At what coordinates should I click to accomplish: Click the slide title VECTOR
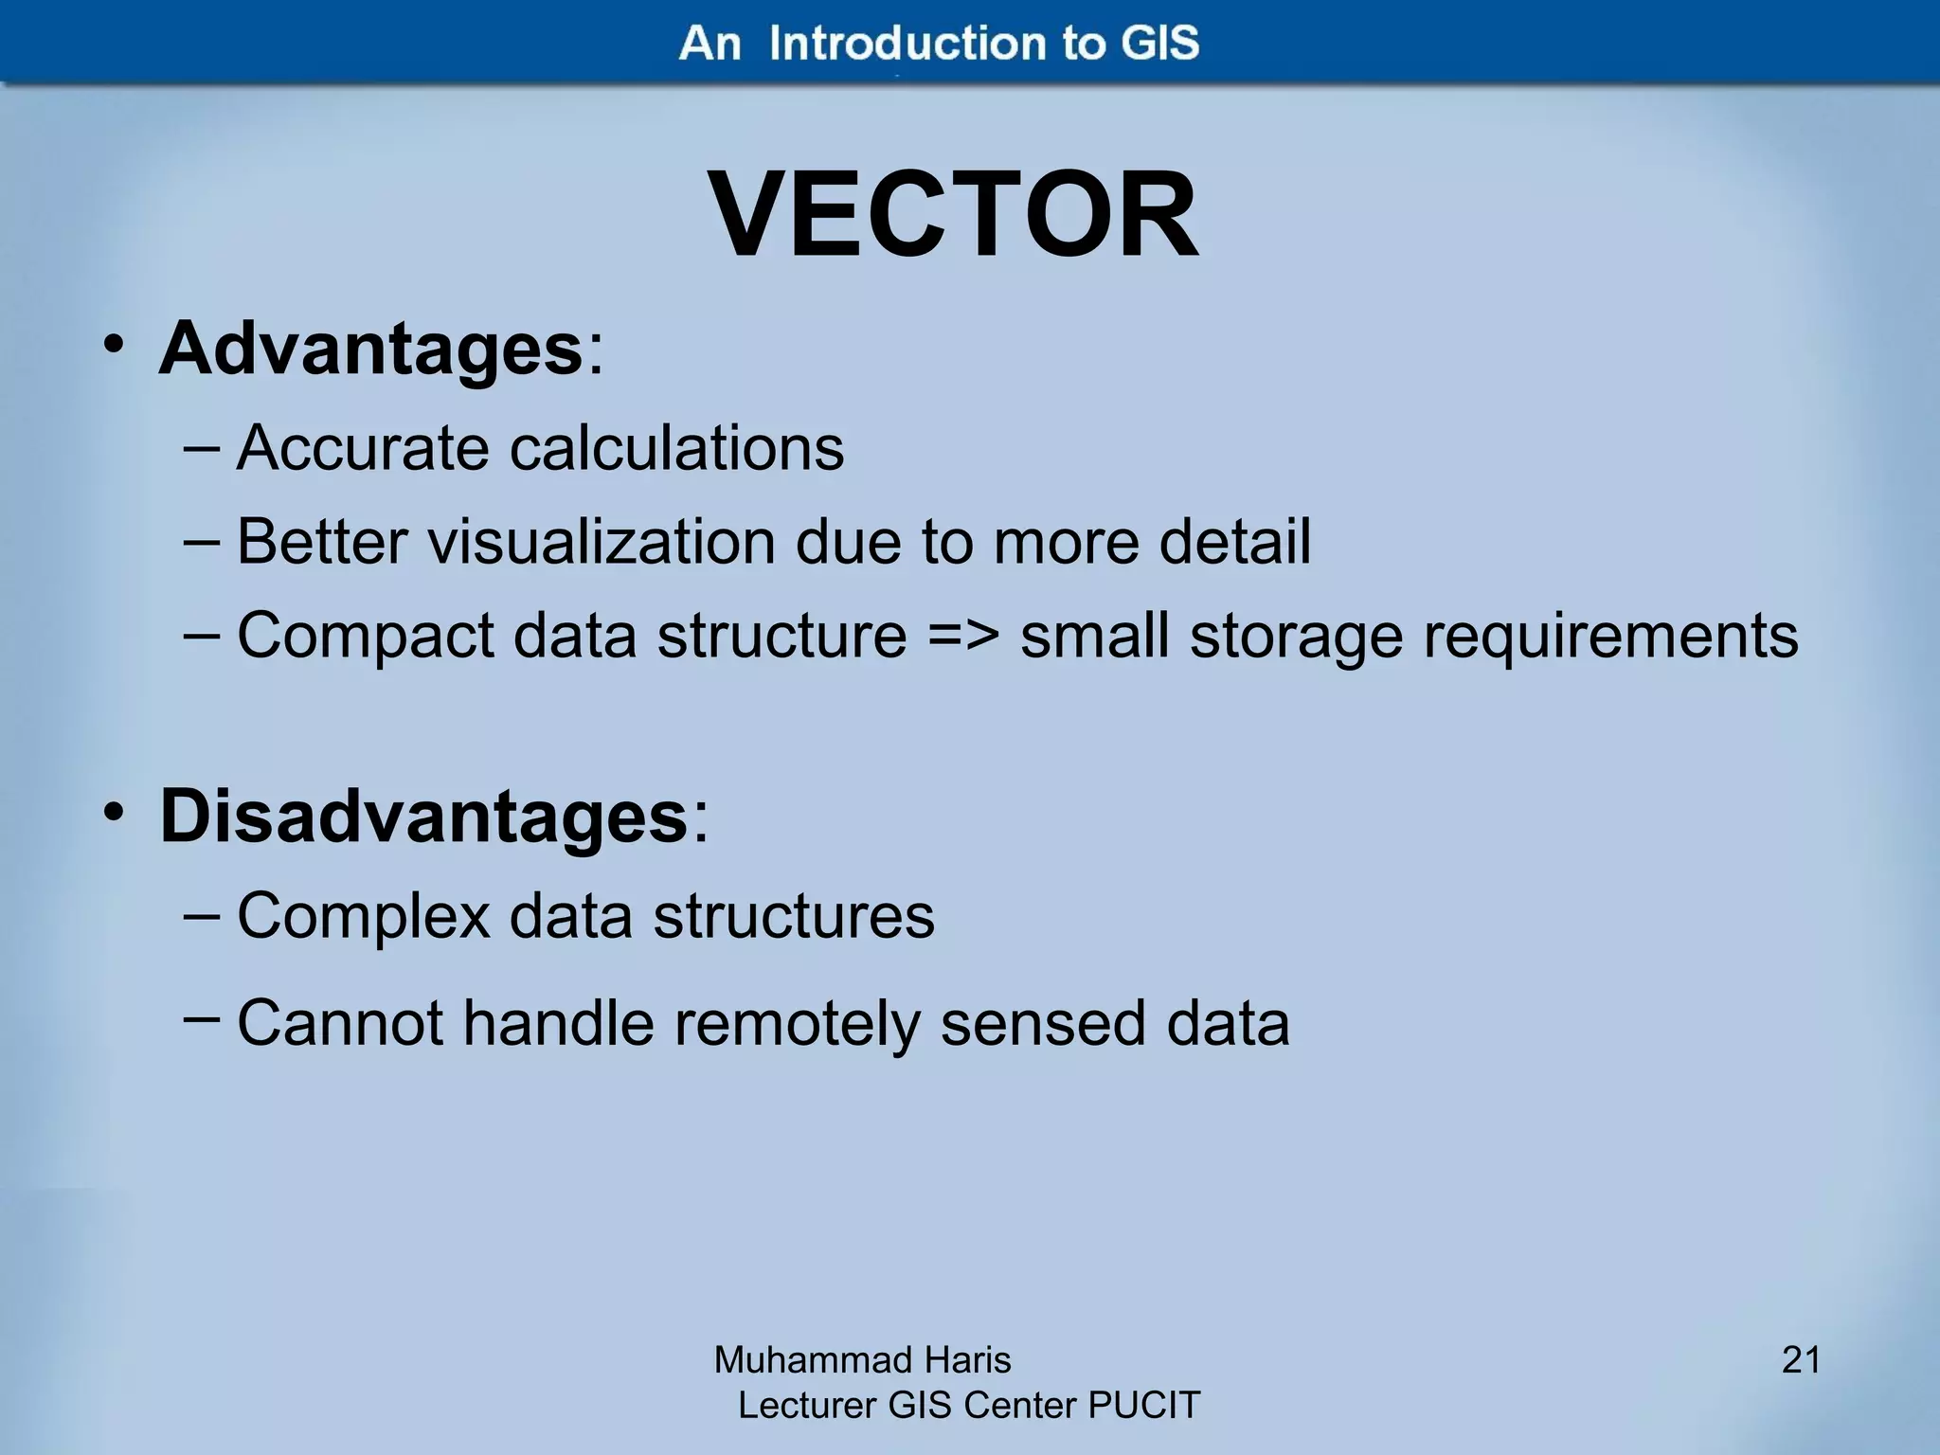click(x=954, y=216)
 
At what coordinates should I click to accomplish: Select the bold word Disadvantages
click(x=423, y=817)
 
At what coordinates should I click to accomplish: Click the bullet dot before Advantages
click(x=114, y=346)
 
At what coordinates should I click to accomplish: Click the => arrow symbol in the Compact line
click(x=962, y=636)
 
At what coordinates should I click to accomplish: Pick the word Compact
click(x=365, y=636)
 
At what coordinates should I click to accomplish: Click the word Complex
click(x=363, y=917)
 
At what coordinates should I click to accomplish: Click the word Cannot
click(x=339, y=1024)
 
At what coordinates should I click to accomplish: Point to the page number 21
click(x=1801, y=1360)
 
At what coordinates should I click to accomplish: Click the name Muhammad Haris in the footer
click(x=862, y=1360)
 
